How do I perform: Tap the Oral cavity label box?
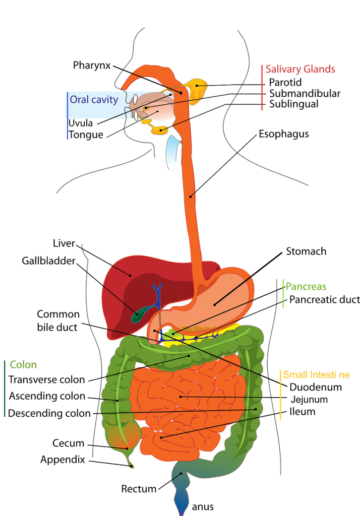pyautogui.click(x=94, y=99)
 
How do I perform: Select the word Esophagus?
pyautogui.click(x=283, y=134)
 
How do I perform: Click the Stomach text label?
pyautogui.click(x=306, y=251)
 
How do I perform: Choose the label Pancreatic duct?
pyautogui.click(x=324, y=300)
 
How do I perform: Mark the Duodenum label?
pyautogui.click(x=316, y=387)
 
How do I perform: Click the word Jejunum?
pyautogui.click(x=309, y=400)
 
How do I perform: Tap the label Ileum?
pyautogui.click(x=303, y=412)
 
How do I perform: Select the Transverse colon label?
pyautogui.click(x=47, y=379)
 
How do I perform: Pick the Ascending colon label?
pyautogui.click(x=47, y=396)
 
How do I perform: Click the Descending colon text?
pyautogui.click(x=49, y=414)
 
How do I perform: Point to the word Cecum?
pyautogui.click(x=68, y=443)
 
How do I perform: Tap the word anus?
pyautogui.click(x=203, y=506)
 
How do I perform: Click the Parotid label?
pyautogui.click(x=285, y=82)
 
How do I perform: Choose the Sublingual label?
pyautogui.click(x=294, y=104)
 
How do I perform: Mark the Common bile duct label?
pyautogui.click(x=57, y=320)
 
